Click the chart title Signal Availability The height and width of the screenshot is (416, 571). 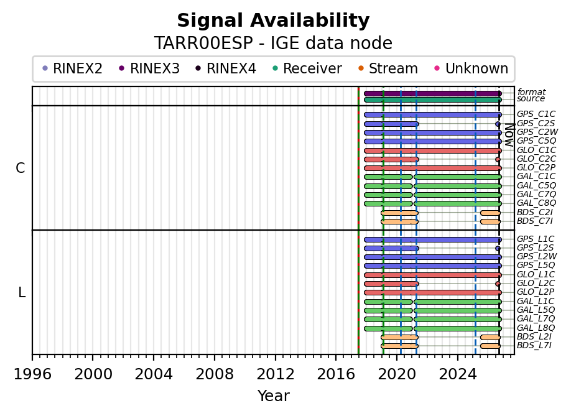pos(273,21)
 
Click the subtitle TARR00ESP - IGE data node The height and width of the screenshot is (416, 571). pos(273,43)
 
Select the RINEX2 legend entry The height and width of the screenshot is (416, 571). pos(73,68)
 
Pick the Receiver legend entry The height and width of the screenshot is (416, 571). pos(307,68)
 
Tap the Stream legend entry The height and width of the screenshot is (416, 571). pos(388,68)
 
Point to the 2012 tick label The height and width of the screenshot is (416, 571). pos(276,374)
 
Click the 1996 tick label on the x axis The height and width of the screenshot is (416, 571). pos(32,374)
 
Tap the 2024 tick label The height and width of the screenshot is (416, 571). pos(458,374)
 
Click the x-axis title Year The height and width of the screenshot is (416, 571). pos(274,395)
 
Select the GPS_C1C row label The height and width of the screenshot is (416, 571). pos(536,114)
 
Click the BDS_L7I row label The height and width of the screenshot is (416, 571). pos(534,345)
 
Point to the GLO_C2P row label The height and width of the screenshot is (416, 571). pos(536,167)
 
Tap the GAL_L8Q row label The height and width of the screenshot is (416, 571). pos(536,328)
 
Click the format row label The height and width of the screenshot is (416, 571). pos(531,92)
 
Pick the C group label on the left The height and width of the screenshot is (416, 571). pos(21,168)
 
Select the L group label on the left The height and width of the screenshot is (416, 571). pos(22,292)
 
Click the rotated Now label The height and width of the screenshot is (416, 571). pos(509,135)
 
